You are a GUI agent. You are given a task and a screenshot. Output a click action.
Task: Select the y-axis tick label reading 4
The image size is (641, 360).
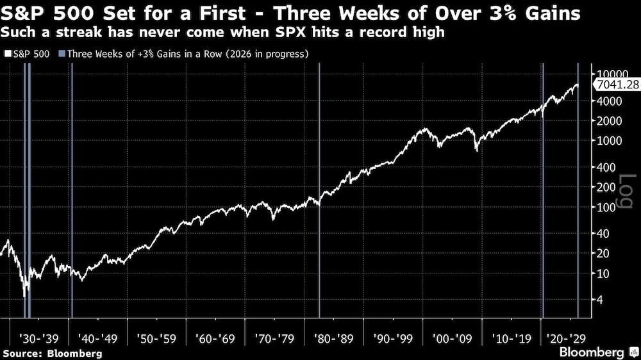[601, 299]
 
